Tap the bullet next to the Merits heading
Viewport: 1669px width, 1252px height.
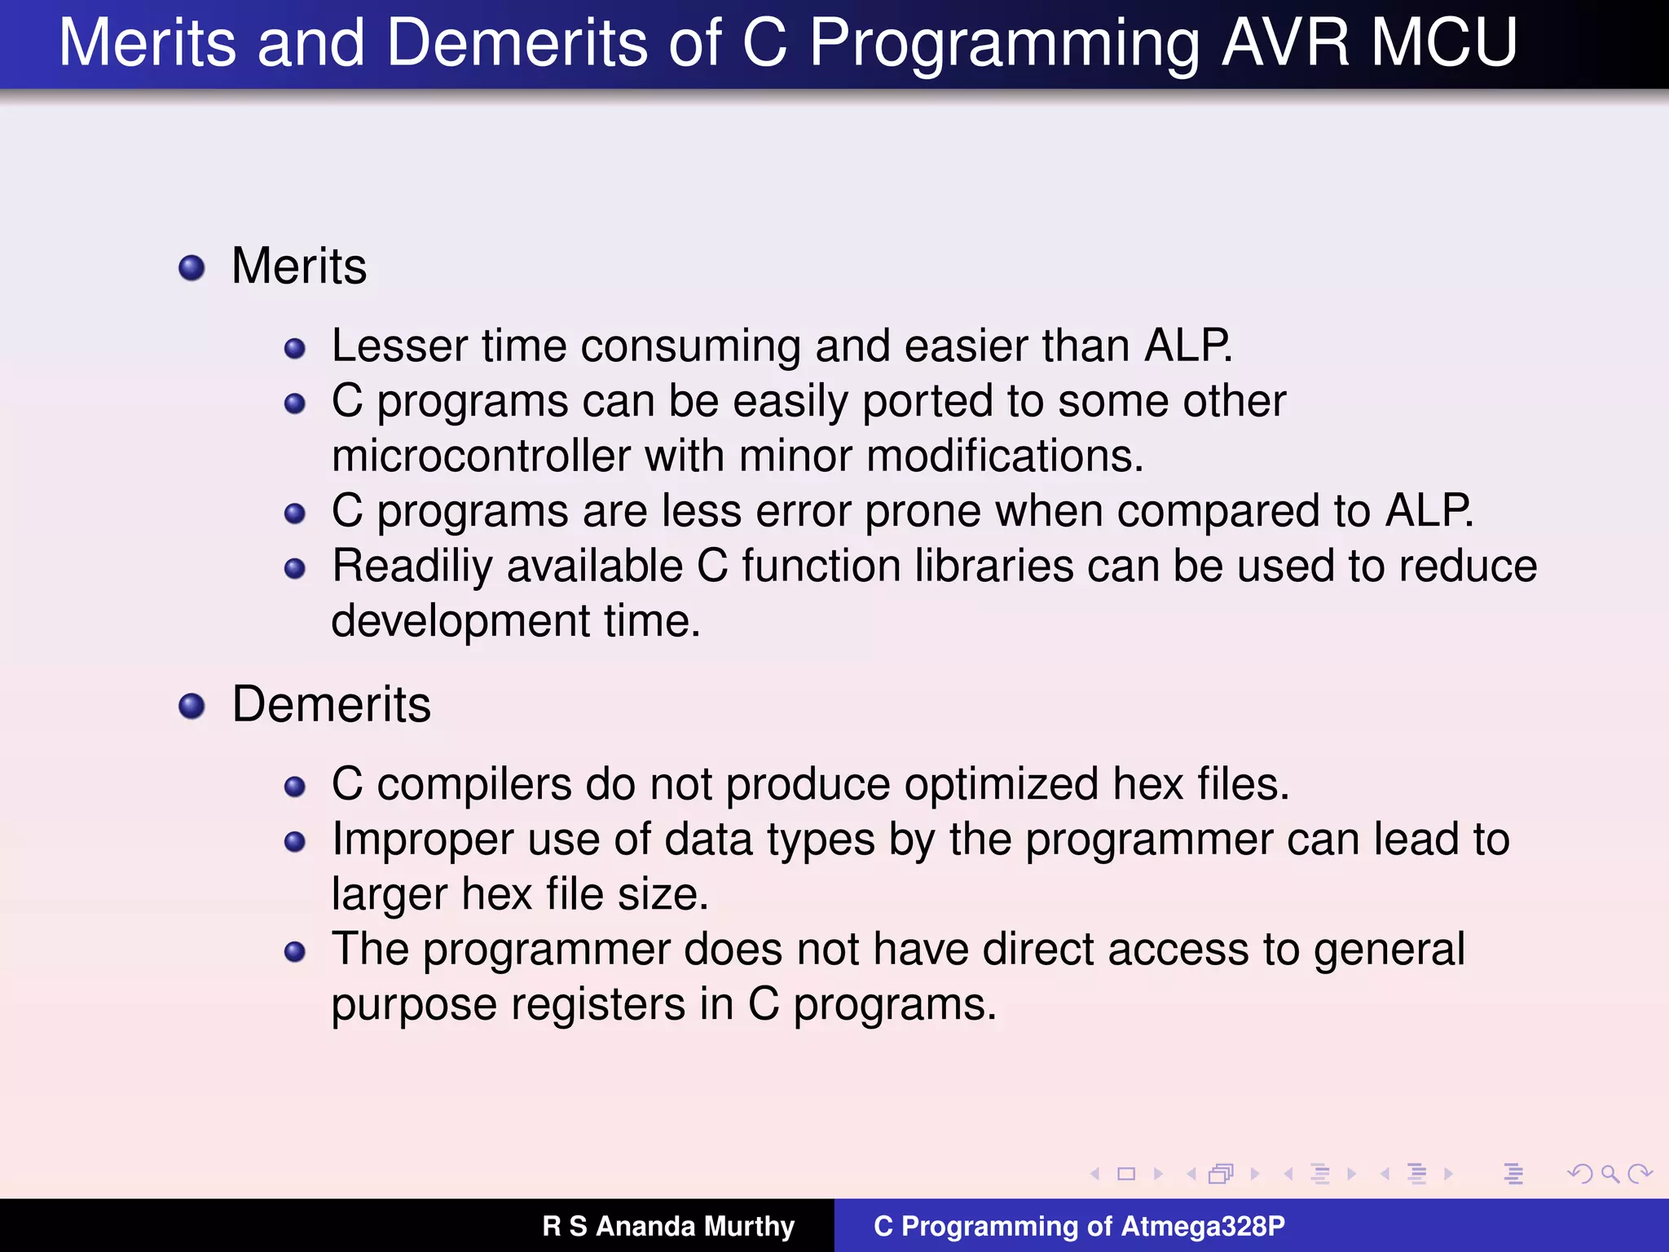coord(192,267)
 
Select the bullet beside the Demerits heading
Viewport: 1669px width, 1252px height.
coord(192,706)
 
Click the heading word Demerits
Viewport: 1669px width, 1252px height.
coord(331,704)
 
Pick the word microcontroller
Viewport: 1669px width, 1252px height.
coord(481,456)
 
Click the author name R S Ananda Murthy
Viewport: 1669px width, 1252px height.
coord(668,1226)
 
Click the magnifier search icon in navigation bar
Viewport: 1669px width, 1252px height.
coord(1610,1174)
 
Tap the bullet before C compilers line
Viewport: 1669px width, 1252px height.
coord(294,787)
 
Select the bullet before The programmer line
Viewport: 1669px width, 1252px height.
coord(294,951)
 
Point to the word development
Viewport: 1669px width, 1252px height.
coord(460,621)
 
